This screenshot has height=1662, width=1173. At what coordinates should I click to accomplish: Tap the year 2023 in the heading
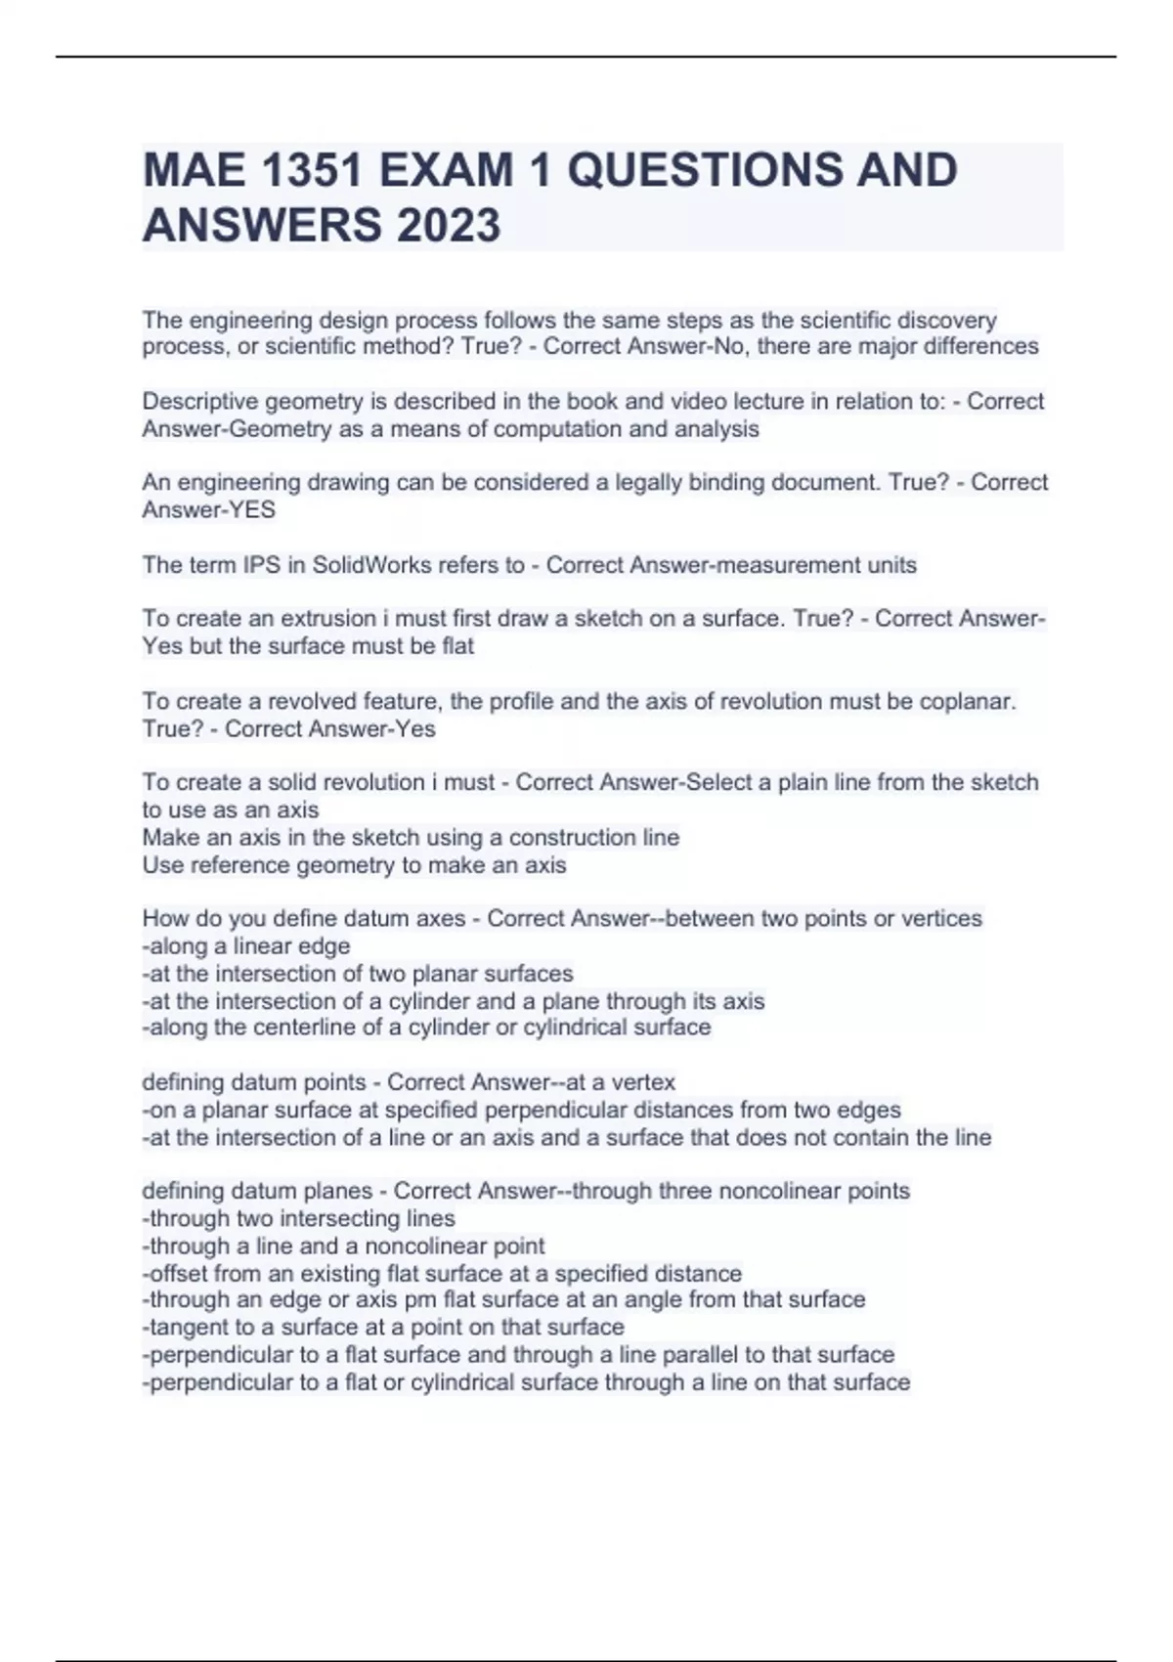tap(449, 226)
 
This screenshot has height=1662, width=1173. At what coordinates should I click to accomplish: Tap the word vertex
tap(642, 1082)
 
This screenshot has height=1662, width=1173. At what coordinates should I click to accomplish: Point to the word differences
tap(980, 347)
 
